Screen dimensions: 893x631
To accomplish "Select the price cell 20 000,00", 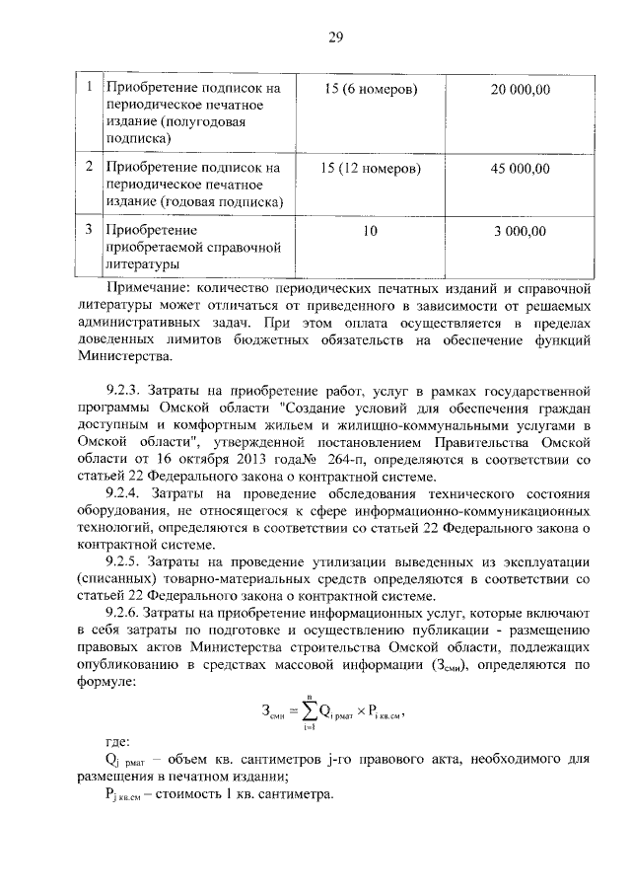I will coord(520,90).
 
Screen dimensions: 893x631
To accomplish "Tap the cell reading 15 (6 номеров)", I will coord(370,90).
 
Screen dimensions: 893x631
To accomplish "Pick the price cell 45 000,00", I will coord(520,168).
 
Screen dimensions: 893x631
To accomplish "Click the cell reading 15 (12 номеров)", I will coord(371,168).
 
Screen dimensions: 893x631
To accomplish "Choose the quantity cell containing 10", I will coord(370,232).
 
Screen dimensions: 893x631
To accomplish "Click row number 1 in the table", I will coord(90,89).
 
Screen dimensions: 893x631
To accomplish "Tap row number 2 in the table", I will coord(90,167).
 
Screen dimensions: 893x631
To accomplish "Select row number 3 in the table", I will coord(90,231).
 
